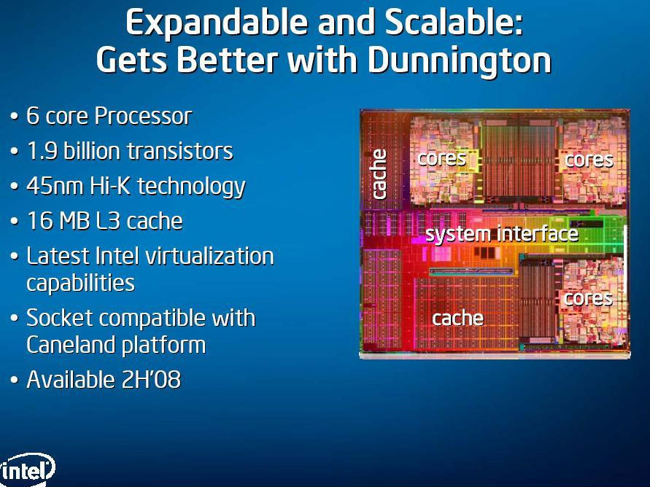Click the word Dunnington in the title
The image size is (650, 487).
pyautogui.click(x=460, y=60)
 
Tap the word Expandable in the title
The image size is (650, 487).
pyautogui.click(x=217, y=23)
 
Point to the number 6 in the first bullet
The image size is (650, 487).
pyautogui.click(x=32, y=116)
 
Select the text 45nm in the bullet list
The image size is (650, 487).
pyautogui.click(x=55, y=186)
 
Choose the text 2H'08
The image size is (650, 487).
pyautogui.click(x=151, y=380)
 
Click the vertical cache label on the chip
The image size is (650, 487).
pyautogui.click(x=379, y=174)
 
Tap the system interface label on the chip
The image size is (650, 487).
pyautogui.click(x=502, y=235)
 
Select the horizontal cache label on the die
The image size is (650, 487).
pyautogui.click(x=457, y=319)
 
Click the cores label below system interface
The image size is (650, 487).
pyautogui.click(x=588, y=299)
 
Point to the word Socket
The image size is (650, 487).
pyautogui.click(x=60, y=318)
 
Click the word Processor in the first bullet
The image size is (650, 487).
pyautogui.click(x=144, y=116)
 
